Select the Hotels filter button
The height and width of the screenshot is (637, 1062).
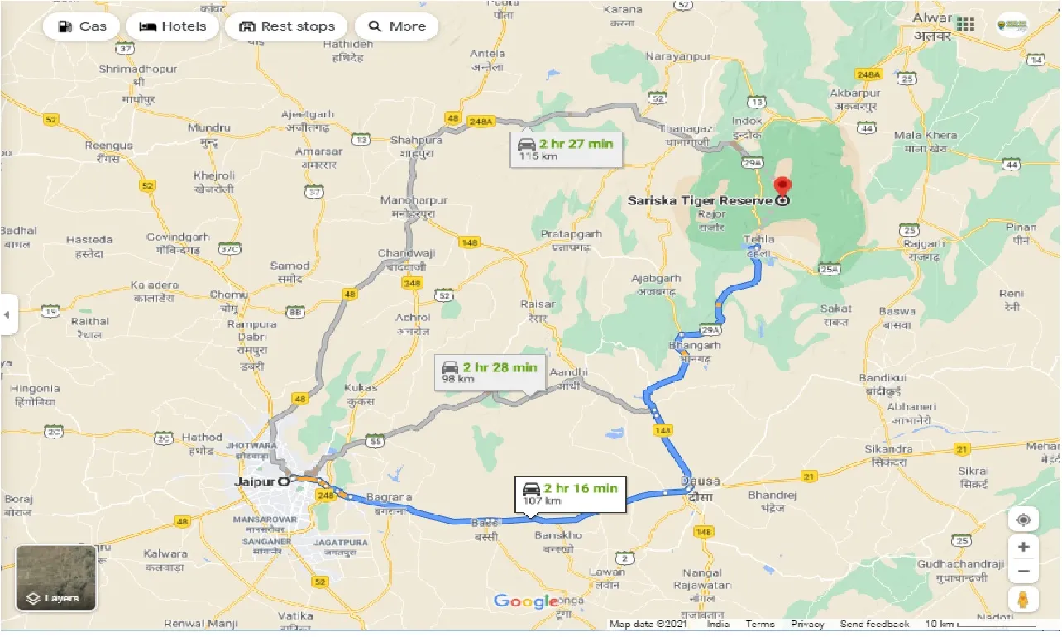pyautogui.click(x=173, y=26)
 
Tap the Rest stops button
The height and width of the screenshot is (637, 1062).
pyautogui.click(x=287, y=26)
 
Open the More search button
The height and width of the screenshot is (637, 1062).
pyautogui.click(x=397, y=26)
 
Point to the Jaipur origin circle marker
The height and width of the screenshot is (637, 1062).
pyautogui.click(x=284, y=481)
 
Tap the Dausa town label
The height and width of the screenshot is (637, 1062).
pyautogui.click(x=700, y=481)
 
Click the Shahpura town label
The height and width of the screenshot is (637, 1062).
pyautogui.click(x=416, y=140)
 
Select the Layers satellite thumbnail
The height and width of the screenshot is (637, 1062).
pyautogui.click(x=56, y=577)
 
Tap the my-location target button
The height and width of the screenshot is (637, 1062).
pyautogui.click(x=1023, y=520)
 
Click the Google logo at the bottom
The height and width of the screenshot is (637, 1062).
pyautogui.click(x=527, y=601)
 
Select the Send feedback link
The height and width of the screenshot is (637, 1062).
pyautogui.click(x=874, y=625)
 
